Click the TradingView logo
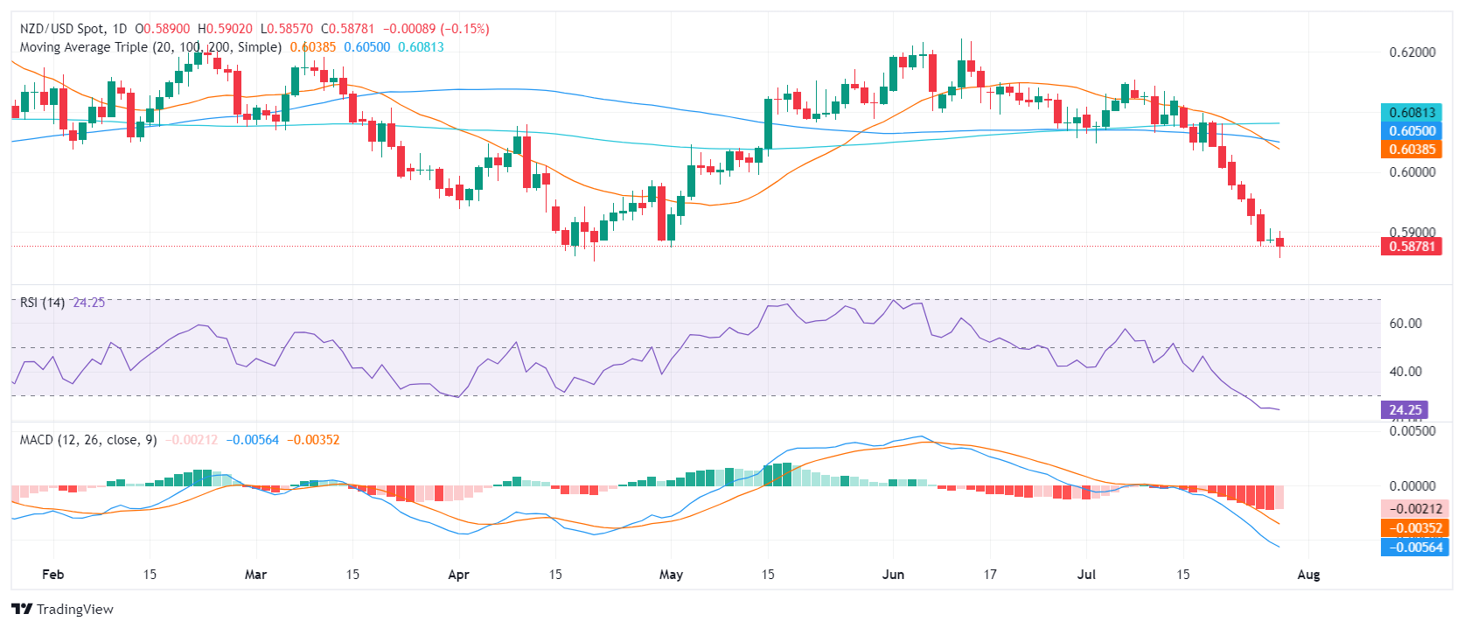click(x=62, y=609)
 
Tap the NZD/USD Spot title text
click(x=60, y=29)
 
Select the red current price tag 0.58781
click(x=1412, y=247)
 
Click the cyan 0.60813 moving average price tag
click(x=1412, y=112)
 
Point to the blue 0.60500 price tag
click(x=1412, y=131)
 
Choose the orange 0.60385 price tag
click(x=1412, y=150)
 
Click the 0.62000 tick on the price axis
click(x=1412, y=52)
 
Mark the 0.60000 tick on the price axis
click(x=1412, y=172)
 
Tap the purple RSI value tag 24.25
click(x=1405, y=409)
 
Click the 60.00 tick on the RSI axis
click(x=1405, y=324)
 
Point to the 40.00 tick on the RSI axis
click(x=1405, y=372)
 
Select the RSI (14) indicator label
click(x=42, y=303)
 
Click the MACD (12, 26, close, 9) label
click(x=88, y=440)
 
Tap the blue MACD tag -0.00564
click(x=1412, y=548)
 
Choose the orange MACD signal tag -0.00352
click(x=1412, y=528)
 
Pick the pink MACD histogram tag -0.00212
click(x=1412, y=509)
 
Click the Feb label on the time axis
click(x=53, y=575)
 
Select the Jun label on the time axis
click(x=893, y=575)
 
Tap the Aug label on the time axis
click(x=1308, y=575)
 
